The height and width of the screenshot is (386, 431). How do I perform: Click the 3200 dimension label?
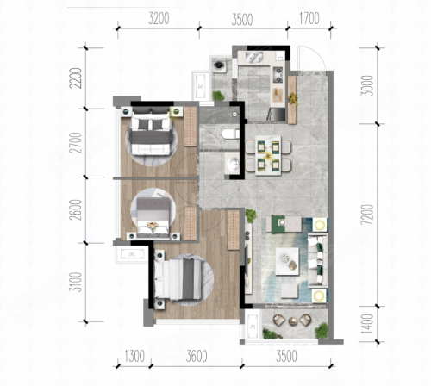159,19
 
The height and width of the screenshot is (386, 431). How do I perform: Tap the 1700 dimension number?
309,19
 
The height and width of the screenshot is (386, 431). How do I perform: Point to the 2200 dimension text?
77,78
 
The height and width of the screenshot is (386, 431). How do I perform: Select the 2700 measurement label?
77,143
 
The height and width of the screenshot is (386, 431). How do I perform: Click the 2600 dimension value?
76,209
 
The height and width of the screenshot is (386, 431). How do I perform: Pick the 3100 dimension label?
76,282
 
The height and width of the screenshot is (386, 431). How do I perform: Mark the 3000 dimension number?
367,85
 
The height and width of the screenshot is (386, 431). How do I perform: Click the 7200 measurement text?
367,215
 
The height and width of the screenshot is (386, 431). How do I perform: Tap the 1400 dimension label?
367,324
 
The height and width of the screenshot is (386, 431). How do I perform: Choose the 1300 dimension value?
134,357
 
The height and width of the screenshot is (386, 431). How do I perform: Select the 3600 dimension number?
197,357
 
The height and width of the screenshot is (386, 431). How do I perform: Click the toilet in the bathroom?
231,134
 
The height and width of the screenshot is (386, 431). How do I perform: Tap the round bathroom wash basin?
233,164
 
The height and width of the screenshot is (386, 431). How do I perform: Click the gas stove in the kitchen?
278,75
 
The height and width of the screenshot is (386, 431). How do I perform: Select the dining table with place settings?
268,155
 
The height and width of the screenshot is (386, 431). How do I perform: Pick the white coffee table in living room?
287,261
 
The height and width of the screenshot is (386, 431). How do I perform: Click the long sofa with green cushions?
318,260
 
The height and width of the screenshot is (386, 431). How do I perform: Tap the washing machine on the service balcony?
220,65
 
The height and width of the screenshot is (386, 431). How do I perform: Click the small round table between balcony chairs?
292,321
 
